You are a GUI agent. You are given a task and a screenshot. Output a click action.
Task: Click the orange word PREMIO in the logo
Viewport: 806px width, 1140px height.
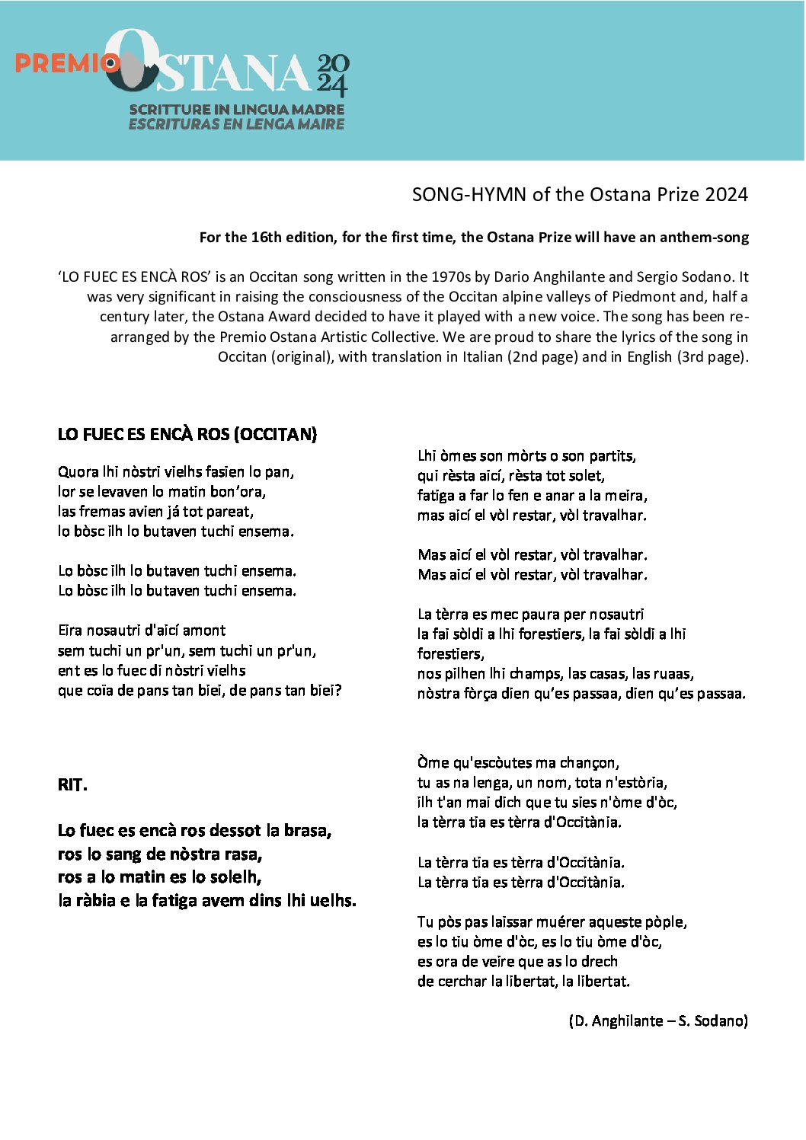(x=61, y=63)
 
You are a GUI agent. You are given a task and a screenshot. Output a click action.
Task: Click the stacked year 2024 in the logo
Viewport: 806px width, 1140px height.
(x=333, y=75)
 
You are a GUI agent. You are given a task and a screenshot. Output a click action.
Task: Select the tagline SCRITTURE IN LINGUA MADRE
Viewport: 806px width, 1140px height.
(x=237, y=110)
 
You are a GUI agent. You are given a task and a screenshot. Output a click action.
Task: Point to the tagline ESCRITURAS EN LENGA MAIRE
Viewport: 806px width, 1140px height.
(x=236, y=124)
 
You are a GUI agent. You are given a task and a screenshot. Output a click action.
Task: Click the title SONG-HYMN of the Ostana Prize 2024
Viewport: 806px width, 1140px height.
(x=580, y=194)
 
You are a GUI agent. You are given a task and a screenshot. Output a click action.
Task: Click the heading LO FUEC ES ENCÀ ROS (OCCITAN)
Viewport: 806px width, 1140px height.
(x=187, y=434)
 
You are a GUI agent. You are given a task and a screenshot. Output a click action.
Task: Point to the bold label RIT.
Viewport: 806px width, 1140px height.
(x=72, y=784)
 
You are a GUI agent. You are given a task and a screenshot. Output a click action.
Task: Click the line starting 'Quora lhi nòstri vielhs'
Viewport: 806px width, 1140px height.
(x=176, y=472)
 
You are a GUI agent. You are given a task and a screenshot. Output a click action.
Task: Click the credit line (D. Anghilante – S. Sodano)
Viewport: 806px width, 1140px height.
(x=658, y=1020)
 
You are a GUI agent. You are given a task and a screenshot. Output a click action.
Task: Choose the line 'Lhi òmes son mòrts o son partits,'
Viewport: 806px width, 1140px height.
(x=526, y=455)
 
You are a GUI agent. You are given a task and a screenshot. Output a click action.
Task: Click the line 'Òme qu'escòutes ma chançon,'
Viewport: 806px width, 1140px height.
(x=518, y=762)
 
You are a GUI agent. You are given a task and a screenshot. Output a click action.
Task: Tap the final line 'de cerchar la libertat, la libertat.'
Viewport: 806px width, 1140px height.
(x=523, y=981)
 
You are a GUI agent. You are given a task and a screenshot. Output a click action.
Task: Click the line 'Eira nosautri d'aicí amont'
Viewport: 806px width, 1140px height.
(x=142, y=631)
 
